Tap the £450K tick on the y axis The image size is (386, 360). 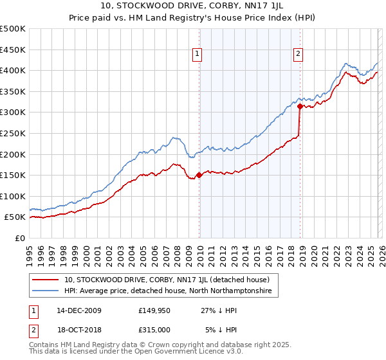pos(13,50)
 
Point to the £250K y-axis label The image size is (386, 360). pos(13,133)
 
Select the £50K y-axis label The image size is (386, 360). pos(15,217)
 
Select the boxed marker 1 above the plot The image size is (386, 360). pos(197,55)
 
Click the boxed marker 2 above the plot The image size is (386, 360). pos(299,55)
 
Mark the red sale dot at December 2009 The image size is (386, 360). pos(199,175)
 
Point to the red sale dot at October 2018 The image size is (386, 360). pos(300,106)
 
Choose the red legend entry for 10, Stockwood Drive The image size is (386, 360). pos(170,280)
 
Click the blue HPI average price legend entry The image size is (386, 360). pos(168,291)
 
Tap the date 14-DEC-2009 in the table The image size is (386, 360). pos(79,310)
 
